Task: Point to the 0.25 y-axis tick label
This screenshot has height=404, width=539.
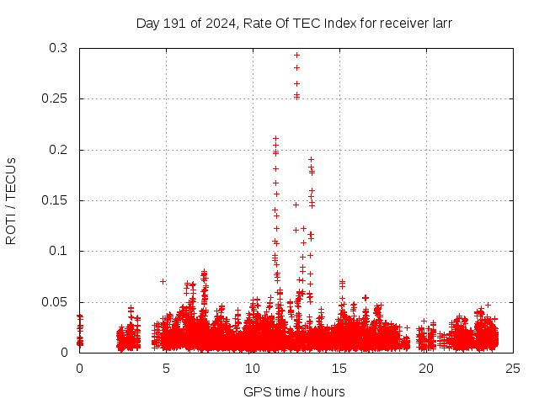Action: click(x=56, y=99)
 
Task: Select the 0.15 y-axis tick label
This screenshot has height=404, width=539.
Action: click(x=56, y=200)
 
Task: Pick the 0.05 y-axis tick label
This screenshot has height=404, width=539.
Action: click(x=56, y=301)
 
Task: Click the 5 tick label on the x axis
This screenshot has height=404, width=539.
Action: click(x=166, y=369)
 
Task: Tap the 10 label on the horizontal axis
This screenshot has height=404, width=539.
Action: click(x=253, y=369)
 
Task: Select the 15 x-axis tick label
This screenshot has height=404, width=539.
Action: click(x=339, y=369)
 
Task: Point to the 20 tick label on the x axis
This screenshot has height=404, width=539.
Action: click(x=426, y=369)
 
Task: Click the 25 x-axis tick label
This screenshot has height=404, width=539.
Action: click(x=513, y=369)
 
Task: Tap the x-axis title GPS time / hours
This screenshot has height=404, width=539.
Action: click(x=294, y=391)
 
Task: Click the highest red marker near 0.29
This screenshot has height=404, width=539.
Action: click(x=296, y=55)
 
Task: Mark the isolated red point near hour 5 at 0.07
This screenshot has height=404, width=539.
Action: click(x=163, y=281)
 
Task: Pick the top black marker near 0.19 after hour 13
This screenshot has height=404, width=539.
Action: click(x=311, y=159)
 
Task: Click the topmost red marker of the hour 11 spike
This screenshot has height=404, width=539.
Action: click(x=275, y=138)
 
